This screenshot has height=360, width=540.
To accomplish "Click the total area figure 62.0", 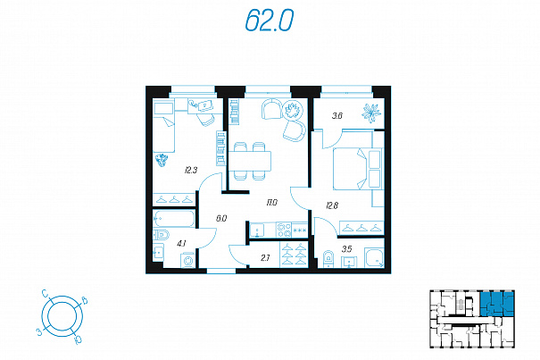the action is point(270,21).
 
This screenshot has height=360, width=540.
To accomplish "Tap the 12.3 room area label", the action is point(191,170).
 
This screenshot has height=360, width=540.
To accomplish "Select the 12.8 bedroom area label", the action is point(332,205).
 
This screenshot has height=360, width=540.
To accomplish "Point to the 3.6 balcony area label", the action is point(337,116).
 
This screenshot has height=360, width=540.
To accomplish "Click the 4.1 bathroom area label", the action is point(181,244).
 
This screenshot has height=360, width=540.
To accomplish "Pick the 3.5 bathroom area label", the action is point(347,248).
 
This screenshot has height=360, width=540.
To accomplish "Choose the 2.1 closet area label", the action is point(265,257).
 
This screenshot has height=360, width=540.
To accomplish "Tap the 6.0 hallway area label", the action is point(221,218).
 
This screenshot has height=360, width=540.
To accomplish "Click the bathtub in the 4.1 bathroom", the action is point(174,218).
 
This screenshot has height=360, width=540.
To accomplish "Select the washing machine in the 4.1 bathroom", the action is point(188,260).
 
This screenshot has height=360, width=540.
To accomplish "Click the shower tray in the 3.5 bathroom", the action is point(374,257).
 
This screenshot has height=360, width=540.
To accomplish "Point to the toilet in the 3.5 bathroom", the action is point(328,259).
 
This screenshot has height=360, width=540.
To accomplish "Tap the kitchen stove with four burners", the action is point(284,230).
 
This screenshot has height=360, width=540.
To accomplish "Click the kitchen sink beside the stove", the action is point(257,230).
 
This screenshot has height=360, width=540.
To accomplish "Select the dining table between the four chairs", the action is point(250,161).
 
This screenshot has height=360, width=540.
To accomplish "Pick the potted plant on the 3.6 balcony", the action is point(371,113).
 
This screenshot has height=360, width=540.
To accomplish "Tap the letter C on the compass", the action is point(46,293).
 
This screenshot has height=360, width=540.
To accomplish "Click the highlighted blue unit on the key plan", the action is point(496,304).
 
